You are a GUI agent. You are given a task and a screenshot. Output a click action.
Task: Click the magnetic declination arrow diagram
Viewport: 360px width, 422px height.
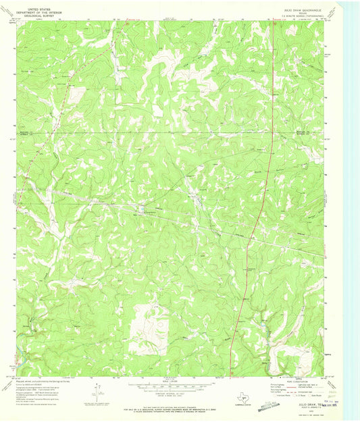(x=99, y=390)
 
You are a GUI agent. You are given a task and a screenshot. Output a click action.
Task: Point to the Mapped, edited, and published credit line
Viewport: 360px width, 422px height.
(x=41, y=381)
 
